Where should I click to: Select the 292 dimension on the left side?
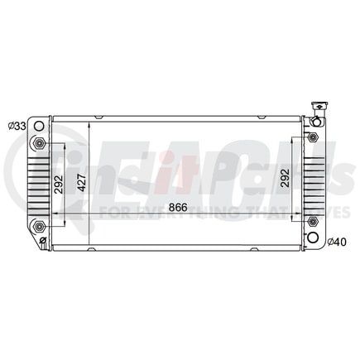coord(59,184)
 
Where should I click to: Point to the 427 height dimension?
coord(82,182)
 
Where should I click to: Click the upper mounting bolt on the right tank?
coord(312,137)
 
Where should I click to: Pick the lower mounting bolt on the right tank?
coord(312,222)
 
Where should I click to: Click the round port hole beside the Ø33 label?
coord(38,126)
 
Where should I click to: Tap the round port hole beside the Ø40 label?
coord(313,238)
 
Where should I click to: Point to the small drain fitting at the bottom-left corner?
coord(44,242)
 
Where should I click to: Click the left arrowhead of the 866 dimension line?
coord(55,214)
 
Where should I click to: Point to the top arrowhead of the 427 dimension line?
coord(89,122)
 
